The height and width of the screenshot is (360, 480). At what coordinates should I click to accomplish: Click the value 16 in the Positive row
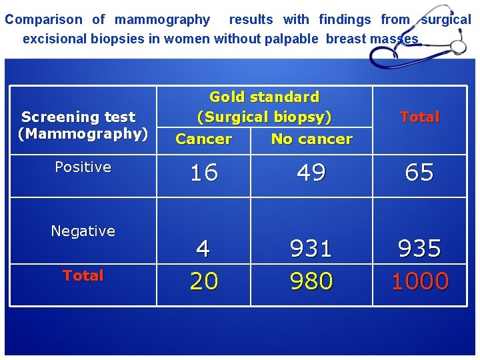[x=204, y=173]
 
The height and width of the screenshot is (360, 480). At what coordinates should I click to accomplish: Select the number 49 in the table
[x=311, y=173]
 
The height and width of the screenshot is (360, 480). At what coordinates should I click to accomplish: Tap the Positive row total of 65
[x=420, y=173]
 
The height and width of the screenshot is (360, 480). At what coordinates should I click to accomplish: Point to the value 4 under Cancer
[x=203, y=249]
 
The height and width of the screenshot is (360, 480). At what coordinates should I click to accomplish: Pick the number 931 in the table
[x=311, y=249]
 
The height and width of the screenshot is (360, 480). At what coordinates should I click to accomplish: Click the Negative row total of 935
[x=420, y=249]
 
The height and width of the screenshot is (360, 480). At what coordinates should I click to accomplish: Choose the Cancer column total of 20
[x=204, y=281]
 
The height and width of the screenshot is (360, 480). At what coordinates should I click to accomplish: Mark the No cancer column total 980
[x=311, y=281]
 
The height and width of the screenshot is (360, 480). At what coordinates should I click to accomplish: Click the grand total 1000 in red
[x=420, y=281]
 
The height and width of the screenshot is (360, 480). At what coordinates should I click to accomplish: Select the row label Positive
[x=83, y=167]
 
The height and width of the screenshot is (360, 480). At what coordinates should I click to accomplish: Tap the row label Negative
[x=83, y=231]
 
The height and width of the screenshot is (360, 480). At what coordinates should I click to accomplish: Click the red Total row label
[x=83, y=275]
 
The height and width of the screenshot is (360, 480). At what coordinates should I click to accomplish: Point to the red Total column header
[x=420, y=117]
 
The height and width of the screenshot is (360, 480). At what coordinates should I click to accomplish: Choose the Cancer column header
[x=203, y=139]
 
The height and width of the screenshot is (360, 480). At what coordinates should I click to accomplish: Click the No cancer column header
[x=311, y=139]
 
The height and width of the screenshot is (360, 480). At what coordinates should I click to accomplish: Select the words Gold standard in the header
[x=265, y=97]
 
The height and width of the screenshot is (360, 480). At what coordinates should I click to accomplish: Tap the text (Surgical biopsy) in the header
[x=265, y=117]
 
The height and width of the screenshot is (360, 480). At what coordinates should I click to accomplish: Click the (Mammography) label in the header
[x=83, y=134]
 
